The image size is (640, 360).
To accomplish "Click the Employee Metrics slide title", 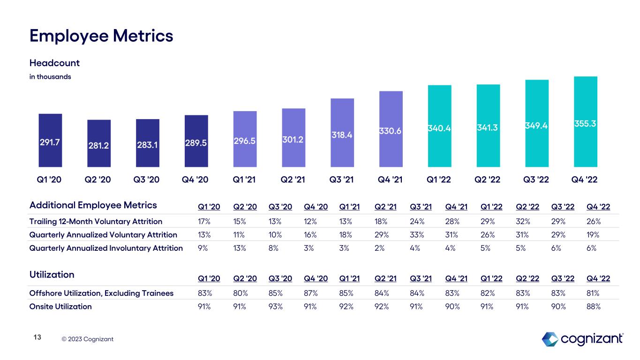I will [x=101, y=36].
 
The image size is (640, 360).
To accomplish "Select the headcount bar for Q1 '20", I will [x=51, y=140].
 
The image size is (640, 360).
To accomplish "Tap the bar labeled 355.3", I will [x=586, y=122].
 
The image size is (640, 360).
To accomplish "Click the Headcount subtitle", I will [x=54, y=63].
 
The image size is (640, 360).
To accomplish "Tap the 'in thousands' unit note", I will [x=50, y=76].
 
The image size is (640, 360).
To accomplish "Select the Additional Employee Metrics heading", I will [x=93, y=205].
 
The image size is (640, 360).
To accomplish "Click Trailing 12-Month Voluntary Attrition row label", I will [x=96, y=221].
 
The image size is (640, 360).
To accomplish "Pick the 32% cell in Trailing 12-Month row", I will [x=520, y=221].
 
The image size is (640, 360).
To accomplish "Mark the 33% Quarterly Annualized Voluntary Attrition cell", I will [x=415, y=235].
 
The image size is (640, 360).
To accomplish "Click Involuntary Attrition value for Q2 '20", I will [x=239, y=248].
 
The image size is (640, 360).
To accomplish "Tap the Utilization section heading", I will [x=52, y=275].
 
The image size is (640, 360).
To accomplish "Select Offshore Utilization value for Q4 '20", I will [x=310, y=293].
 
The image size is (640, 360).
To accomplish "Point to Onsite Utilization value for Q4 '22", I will [x=594, y=307].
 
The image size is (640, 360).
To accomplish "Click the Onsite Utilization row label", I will [x=60, y=307].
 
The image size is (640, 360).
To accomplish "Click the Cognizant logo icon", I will [x=550, y=338].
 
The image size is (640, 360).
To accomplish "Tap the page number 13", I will [x=38, y=337].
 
